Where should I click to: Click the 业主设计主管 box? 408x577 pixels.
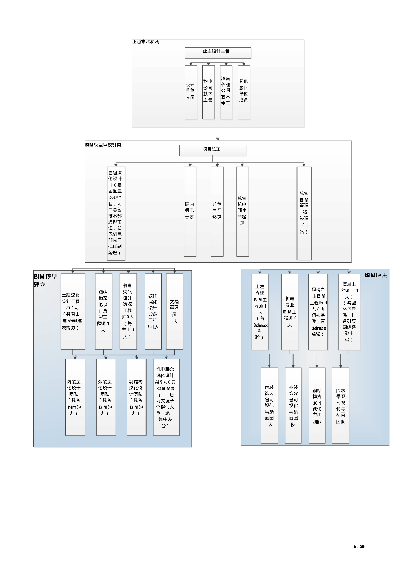[218, 52]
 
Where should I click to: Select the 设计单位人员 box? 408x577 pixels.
[191, 92]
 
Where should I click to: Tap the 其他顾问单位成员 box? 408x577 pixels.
[243, 92]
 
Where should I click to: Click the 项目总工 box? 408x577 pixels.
[212, 150]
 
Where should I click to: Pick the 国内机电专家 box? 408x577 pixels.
[190, 211]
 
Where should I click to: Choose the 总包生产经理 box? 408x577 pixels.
[217, 211]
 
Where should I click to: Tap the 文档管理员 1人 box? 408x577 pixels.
[175, 311]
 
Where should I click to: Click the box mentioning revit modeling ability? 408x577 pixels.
[73, 311]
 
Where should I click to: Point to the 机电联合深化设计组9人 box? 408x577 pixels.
[166, 397]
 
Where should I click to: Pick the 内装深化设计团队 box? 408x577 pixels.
[75, 397]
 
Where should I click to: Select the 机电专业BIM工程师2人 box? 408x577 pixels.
[289, 312]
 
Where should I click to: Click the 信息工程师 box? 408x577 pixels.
[347, 312]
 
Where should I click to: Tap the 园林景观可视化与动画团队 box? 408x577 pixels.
[340, 405]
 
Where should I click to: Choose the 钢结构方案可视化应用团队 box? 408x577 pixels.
[317, 405]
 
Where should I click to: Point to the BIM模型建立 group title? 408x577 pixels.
[45, 281]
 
